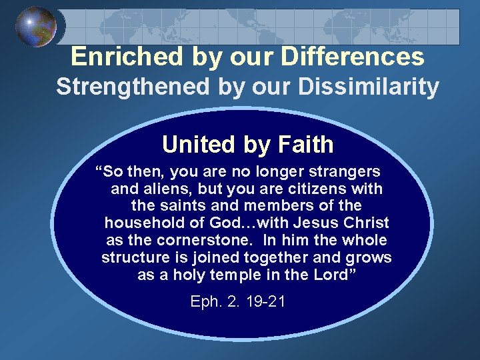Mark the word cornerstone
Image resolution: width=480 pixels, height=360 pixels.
pyautogui.click(x=199, y=241)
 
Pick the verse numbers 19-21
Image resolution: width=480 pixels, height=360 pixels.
pyautogui.click(x=265, y=302)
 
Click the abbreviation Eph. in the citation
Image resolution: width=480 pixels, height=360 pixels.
pyautogui.click(x=205, y=302)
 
